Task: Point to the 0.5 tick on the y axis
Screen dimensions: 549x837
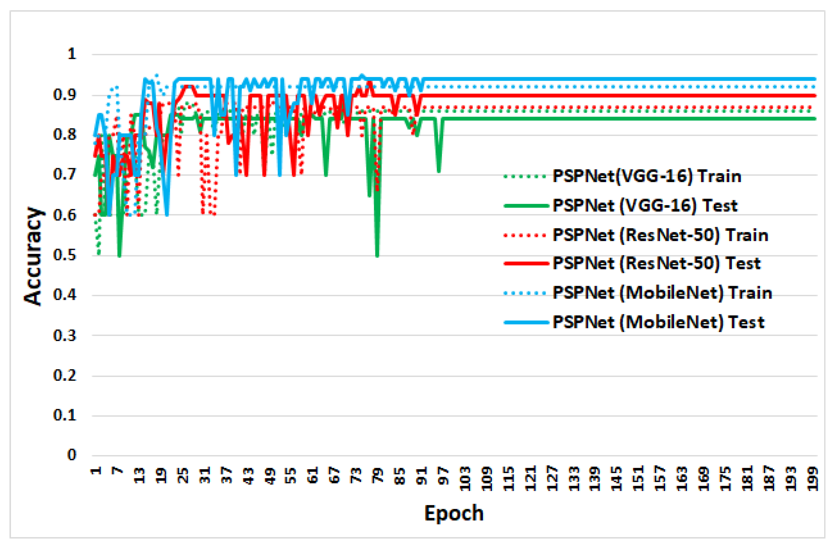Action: pos(65,255)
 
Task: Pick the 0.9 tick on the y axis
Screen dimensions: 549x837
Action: pos(65,95)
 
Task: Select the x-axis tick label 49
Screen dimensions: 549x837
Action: pos(270,476)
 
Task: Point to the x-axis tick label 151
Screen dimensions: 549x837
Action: pos(639,479)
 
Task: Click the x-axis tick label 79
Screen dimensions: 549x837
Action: pos(378,476)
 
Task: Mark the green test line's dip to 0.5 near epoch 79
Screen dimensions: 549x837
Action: pos(377,255)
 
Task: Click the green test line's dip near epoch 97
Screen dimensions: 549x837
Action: pos(439,171)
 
